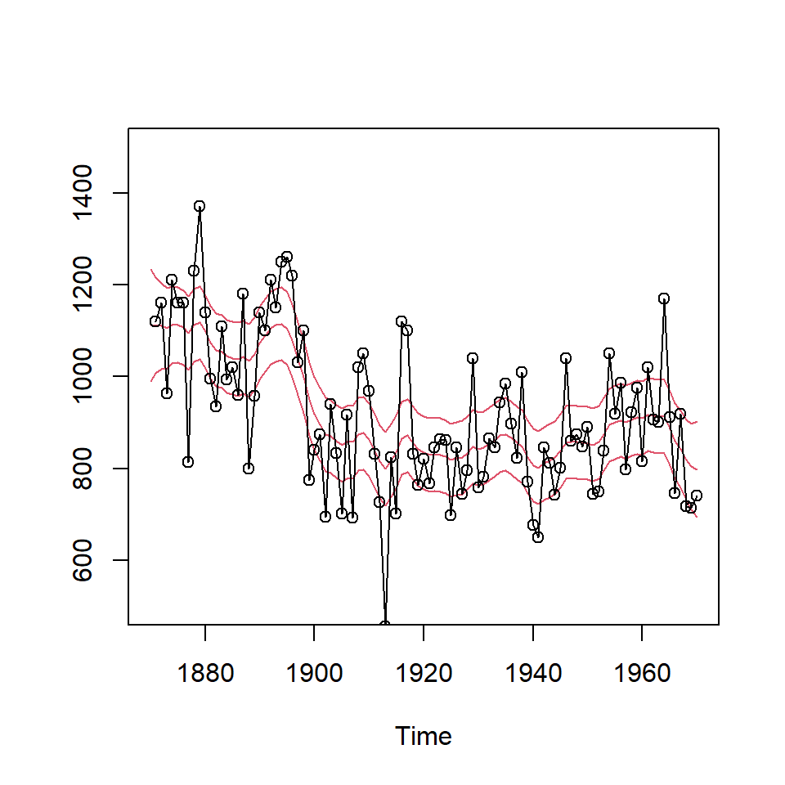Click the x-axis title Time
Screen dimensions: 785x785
click(x=424, y=737)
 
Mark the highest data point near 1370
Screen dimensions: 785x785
click(x=200, y=206)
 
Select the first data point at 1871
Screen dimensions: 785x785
click(x=155, y=321)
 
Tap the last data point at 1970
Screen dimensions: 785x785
click(x=697, y=496)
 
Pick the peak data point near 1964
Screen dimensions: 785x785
click(x=664, y=298)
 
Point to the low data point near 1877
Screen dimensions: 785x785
click(x=188, y=462)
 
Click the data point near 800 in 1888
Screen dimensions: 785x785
click(x=249, y=469)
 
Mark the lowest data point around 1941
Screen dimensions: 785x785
click(x=538, y=537)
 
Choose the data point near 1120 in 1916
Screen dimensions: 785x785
click(x=401, y=321)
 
